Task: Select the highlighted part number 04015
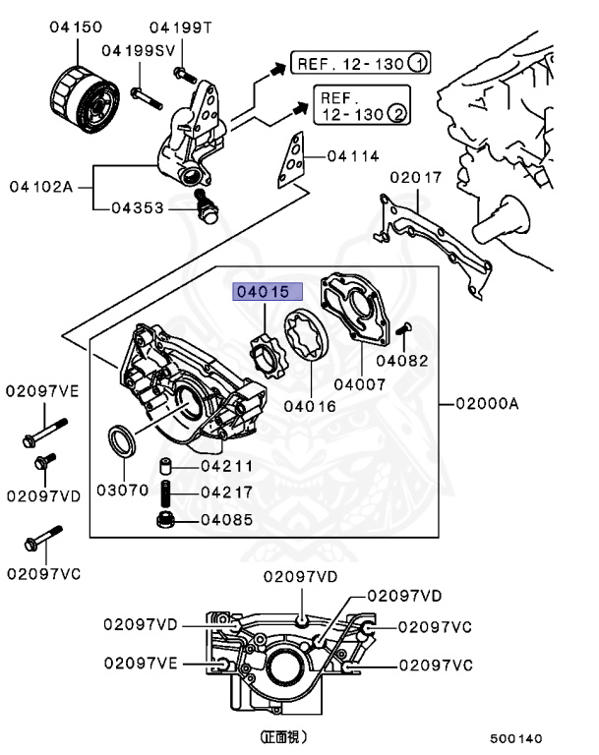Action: [x=261, y=292]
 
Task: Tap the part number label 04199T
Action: [x=181, y=28]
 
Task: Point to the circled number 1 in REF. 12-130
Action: [x=418, y=65]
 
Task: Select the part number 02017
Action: [x=416, y=178]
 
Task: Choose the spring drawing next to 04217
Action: [x=167, y=492]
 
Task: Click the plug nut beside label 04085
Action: [x=168, y=518]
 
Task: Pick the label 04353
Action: [x=138, y=207]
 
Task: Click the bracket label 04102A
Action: [x=42, y=186]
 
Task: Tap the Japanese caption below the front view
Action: [x=283, y=735]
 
